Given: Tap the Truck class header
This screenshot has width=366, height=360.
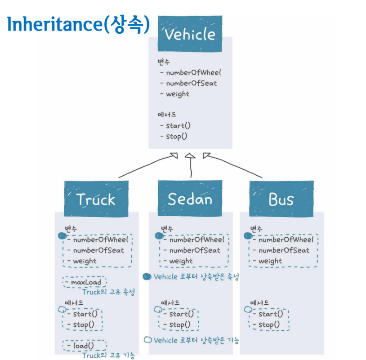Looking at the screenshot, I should [x=96, y=199].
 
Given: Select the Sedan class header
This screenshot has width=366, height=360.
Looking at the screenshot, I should [x=190, y=199].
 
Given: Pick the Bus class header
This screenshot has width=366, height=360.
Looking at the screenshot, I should [x=281, y=199].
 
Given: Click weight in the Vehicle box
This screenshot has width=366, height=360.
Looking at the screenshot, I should [x=178, y=94].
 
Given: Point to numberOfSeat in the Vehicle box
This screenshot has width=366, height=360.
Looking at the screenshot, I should [x=191, y=83].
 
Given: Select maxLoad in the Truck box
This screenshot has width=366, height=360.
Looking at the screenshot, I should [x=86, y=283].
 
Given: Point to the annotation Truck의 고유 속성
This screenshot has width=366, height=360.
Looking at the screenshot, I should [x=108, y=292].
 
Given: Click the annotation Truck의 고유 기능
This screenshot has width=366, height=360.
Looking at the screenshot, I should [x=108, y=356].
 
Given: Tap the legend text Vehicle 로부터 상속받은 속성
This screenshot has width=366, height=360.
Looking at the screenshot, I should [x=196, y=277].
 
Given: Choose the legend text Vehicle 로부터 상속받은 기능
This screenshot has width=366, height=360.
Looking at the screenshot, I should [x=196, y=340].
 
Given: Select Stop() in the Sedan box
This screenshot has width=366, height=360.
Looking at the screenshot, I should [x=180, y=324].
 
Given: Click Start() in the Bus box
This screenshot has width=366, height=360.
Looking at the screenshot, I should [x=271, y=314].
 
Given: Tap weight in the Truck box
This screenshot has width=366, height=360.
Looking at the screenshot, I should [x=85, y=261].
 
